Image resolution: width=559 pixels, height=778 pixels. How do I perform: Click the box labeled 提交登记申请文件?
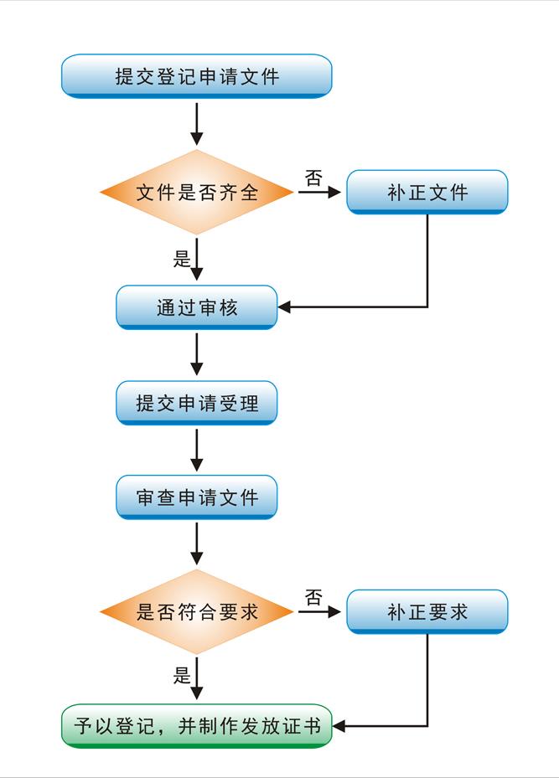(x=197, y=77)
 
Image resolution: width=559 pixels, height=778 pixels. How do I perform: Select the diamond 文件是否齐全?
(x=197, y=193)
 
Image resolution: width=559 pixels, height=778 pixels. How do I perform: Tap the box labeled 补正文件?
(x=427, y=193)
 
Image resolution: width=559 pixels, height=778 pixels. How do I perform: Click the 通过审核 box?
(x=197, y=307)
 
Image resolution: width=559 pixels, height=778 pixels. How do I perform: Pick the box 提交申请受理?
(x=197, y=404)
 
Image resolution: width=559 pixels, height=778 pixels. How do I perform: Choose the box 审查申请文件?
(x=197, y=498)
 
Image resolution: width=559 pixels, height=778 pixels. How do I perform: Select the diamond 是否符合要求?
(x=197, y=612)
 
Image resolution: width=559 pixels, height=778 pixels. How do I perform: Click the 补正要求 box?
(x=427, y=612)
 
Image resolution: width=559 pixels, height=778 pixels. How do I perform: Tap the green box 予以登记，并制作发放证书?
(x=197, y=726)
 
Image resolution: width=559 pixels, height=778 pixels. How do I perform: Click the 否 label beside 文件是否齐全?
(x=313, y=178)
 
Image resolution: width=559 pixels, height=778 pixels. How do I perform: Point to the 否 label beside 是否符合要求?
(x=313, y=597)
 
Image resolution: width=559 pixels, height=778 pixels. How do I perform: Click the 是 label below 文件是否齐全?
(x=182, y=259)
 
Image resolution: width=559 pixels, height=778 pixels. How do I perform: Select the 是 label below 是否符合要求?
(x=182, y=676)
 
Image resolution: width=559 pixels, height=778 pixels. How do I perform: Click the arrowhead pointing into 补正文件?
(x=336, y=193)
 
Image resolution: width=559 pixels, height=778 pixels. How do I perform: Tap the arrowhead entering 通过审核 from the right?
(x=285, y=307)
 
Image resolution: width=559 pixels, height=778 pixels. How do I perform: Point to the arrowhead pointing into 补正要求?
(x=336, y=612)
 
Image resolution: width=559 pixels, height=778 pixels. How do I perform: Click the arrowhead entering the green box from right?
(x=339, y=726)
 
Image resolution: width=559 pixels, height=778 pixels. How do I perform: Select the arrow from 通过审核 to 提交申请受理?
(x=197, y=355)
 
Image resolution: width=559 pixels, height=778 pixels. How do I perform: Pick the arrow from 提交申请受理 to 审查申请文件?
(x=197, y=451)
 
